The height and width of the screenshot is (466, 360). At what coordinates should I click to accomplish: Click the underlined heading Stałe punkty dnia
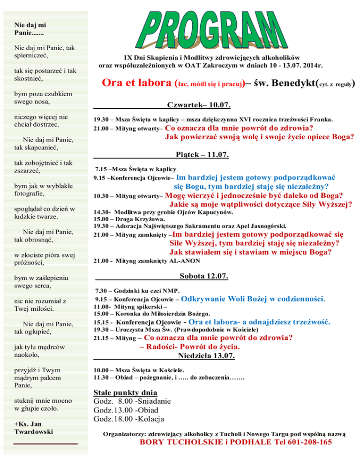pyautogui.click(x=125, y=392)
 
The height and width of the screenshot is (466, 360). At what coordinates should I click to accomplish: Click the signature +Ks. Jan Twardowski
pyautogui.click(x=34, y=427)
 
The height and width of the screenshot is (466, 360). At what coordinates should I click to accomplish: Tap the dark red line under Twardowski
pyautogui.click(x=45, y=443)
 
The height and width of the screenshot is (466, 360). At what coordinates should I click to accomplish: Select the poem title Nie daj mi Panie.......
pyautogui.click(x=33, y=30)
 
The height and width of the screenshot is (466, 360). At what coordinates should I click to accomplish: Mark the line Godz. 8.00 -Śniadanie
pyautogui.click(x=133, y=401)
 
